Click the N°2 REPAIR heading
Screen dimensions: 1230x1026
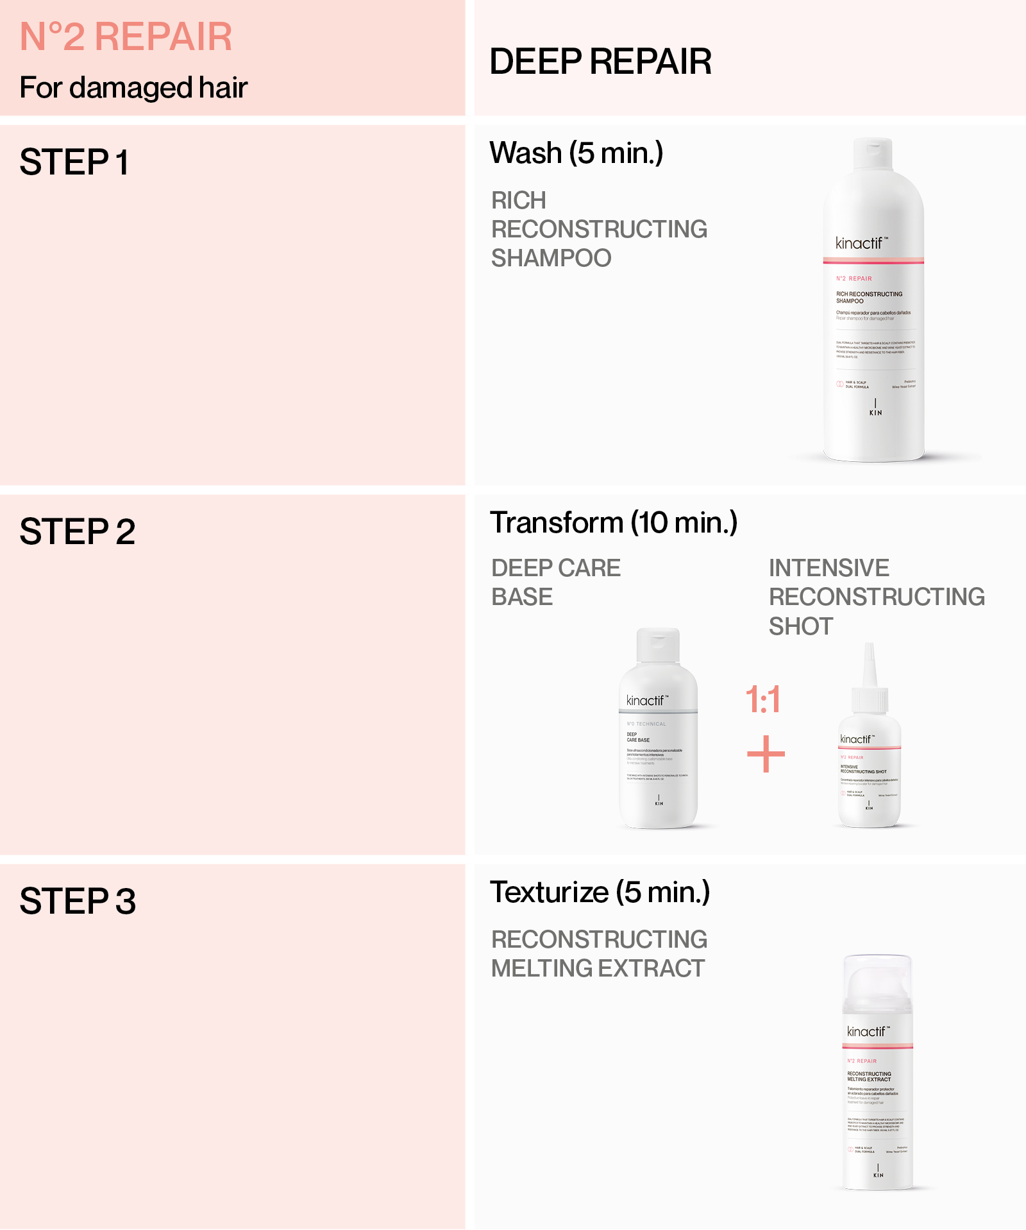click(126, 37)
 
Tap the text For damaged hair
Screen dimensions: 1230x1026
click(133, 88)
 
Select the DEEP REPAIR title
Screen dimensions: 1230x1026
click(600, 62)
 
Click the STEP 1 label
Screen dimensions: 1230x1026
click(74, 162)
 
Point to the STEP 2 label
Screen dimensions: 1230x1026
click(78, 532)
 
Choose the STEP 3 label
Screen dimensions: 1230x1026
click(78, 901)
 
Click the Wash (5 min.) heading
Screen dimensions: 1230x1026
click(576, 153)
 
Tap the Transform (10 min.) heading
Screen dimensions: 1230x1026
click(614, 523)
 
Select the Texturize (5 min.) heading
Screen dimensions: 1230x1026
click(600, 893)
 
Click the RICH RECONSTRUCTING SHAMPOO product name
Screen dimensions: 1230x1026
click(599, 229)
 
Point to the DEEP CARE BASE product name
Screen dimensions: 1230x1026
click(555, 583)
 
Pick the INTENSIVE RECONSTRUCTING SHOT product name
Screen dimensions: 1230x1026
click(876, 597)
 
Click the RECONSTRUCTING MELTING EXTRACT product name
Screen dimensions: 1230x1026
click(599, 954)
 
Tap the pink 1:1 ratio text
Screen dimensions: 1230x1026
click(763, 699)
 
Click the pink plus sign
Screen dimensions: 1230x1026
click(766, 754)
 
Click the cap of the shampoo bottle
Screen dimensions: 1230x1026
click(873, 153)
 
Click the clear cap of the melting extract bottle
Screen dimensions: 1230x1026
click(877, 982)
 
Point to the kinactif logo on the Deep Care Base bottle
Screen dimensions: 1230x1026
click(646, 701)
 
